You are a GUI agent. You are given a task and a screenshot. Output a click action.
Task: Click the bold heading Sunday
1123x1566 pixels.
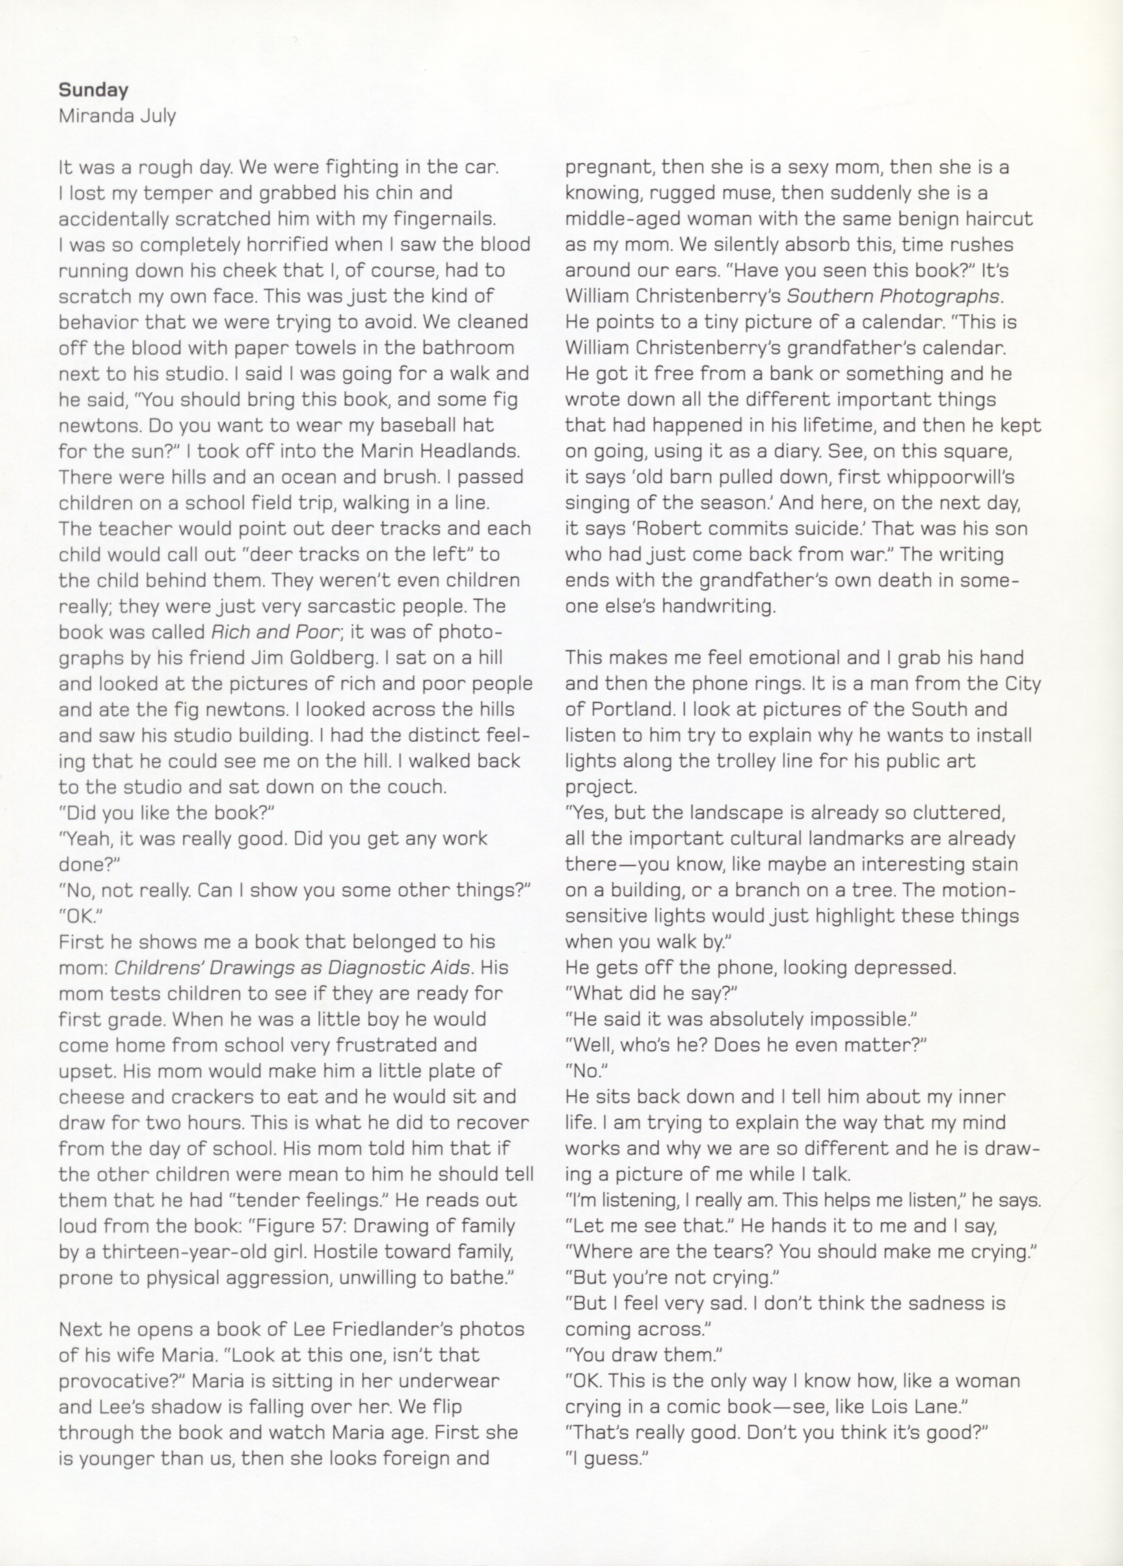coord(93,90)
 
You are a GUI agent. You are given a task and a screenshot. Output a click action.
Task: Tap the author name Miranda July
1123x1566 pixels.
coord(117,115)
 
